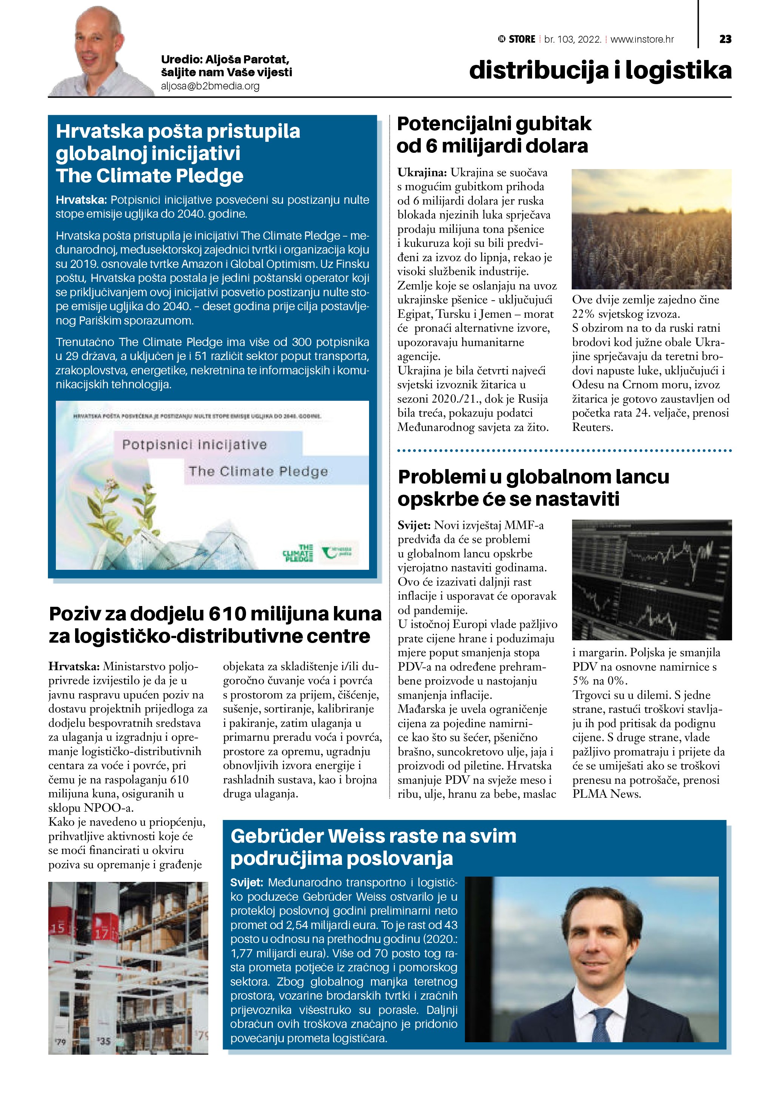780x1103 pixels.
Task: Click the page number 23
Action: point(725,39)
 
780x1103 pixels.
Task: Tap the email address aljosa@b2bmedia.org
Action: point(210,86)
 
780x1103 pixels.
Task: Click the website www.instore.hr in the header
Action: point(642,39)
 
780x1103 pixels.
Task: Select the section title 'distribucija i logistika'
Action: point(600,70)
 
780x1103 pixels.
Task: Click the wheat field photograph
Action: point(651,229)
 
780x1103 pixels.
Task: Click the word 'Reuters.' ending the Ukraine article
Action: point(592,427)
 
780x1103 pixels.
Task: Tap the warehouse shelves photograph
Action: point(128,968)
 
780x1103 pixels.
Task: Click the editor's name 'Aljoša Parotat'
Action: point(247,60)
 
